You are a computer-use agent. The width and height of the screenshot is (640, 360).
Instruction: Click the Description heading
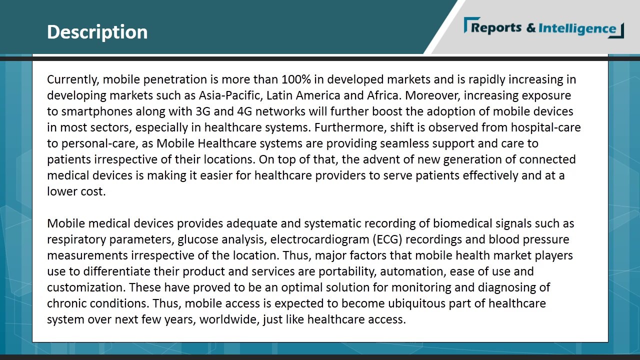click(97, 32)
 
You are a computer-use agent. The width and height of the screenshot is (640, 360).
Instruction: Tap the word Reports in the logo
click(496, 28)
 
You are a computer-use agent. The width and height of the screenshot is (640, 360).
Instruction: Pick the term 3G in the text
click(203, 111)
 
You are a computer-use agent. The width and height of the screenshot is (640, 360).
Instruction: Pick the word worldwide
click(229, 319)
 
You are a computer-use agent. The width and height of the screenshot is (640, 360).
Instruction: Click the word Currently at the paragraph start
click(71, 79)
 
